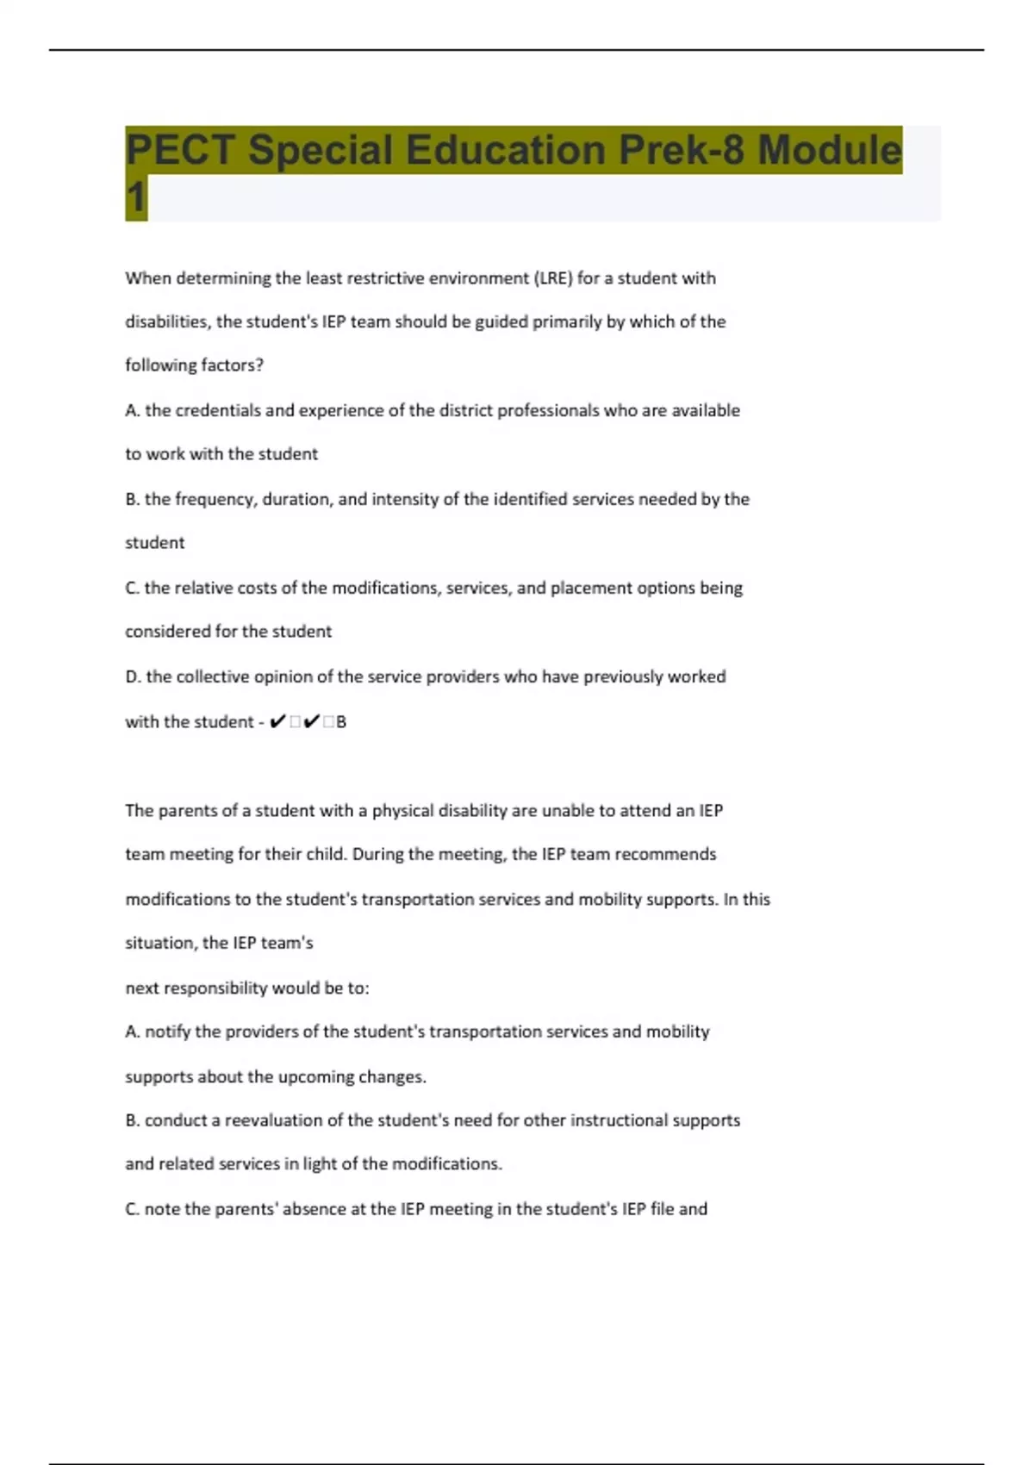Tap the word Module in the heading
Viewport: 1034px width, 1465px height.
click(x=829, y=150)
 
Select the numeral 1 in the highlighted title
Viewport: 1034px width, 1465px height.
click(x=136, y=197)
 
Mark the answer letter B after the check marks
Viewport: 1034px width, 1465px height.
click(x=341, y=722)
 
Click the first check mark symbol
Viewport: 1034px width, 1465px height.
click(x=277, y=722)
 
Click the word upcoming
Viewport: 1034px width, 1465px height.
click(x=315, y=1077)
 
